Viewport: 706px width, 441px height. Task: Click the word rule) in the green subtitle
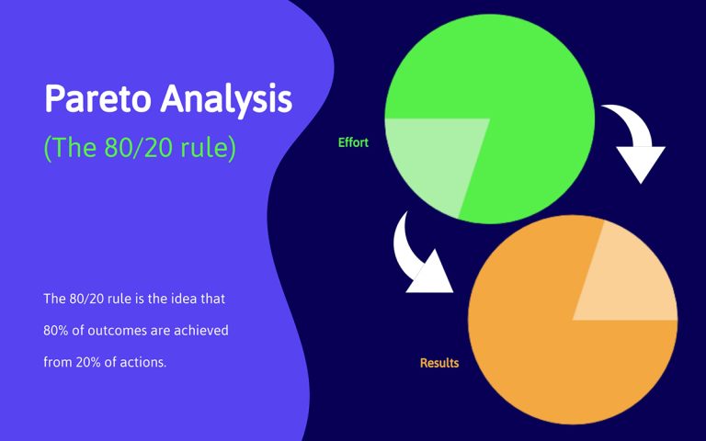[207, 147]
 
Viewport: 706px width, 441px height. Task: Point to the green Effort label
[353, 142]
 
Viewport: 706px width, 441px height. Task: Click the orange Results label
[439, 363]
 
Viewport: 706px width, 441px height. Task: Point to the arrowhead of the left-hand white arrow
[432, 276]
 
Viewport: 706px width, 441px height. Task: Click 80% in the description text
[55, 330]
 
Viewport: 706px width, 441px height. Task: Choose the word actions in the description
[146, 362]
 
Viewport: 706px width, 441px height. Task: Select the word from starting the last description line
[56, 362]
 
